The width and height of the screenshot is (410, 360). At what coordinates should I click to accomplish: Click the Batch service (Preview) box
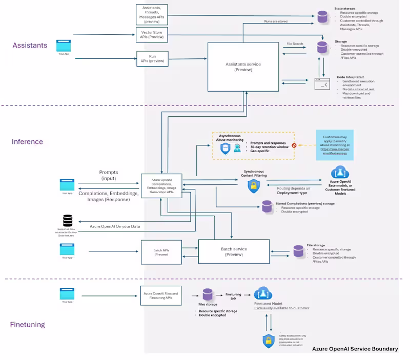click(234, 251)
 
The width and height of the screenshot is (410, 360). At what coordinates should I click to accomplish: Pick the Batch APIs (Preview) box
click(161, 251)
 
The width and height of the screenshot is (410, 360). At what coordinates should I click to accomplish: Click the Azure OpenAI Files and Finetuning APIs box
click(161, 296)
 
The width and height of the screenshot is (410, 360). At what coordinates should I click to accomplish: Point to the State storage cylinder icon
click(322, 16)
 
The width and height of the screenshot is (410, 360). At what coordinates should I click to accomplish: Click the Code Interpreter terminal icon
click(322, 83)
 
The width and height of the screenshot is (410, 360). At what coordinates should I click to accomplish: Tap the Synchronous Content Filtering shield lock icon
click(253, 187)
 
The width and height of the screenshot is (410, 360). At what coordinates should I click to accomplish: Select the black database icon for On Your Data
click(68, 221)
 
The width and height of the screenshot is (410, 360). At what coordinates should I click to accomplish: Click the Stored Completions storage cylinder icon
click(267, 207)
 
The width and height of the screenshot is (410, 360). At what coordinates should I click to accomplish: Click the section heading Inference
click(27, 141)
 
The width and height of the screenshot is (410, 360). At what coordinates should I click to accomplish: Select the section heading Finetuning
click(28, 324)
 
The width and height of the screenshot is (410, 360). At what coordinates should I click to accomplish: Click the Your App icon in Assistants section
click(64, 45)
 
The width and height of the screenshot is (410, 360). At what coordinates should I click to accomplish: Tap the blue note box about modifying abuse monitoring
click(335, 145)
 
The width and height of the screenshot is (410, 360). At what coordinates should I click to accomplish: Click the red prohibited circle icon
click(294, 145)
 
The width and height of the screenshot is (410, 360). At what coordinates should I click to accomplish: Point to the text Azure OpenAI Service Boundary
click(355, 349)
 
